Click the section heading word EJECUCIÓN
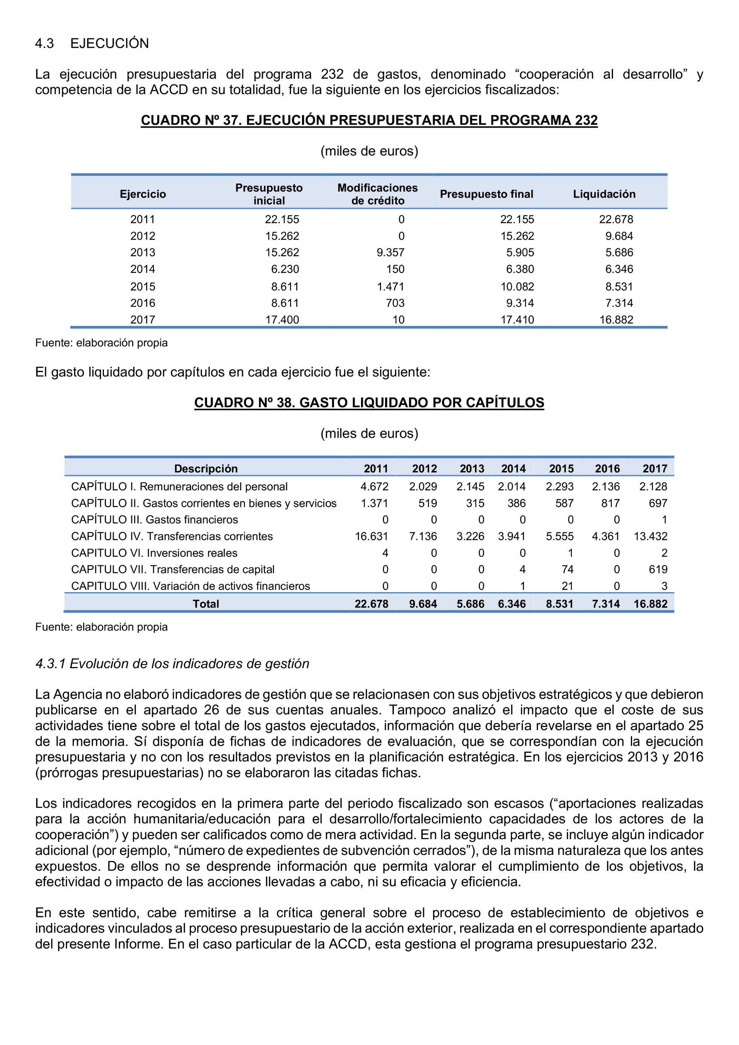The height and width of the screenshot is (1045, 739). tap(109, 43)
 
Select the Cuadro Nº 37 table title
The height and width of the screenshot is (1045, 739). tap(369, 120)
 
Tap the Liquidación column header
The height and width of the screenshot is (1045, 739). tap(604, 194)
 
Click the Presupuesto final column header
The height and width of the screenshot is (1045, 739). tap(486, 194)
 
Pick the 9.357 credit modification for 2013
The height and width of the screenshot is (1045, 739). tap(390, 253)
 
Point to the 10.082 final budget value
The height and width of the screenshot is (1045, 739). tap(517, 287)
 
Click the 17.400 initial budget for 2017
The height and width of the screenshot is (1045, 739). tap(282, 320)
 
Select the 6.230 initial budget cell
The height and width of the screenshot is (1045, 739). tap(285, 269)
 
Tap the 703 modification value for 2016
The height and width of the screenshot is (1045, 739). tap(395, 303)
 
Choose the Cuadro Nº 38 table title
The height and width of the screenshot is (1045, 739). tap(369, 402)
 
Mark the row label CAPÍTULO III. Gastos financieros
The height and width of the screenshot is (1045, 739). tap(154, 520)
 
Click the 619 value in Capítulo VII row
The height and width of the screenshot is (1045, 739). tap(658, 570)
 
